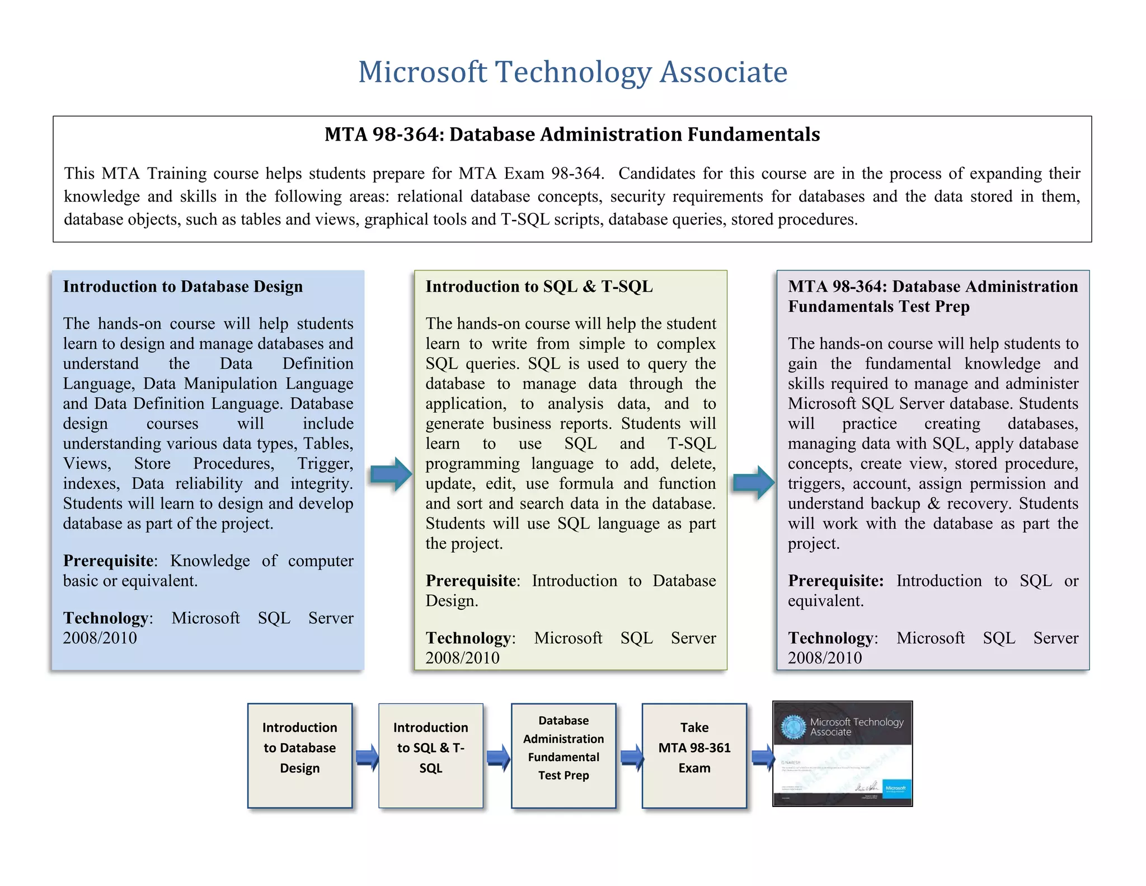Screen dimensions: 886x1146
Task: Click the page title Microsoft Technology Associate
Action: click(572, 72)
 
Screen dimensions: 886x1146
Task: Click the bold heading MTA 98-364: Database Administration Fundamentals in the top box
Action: click(572, 134)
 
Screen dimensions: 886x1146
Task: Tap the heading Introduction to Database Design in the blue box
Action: click(182, 286)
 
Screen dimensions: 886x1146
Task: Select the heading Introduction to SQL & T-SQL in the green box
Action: click(539, 286)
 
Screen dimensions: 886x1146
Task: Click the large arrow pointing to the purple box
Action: click(753, 482)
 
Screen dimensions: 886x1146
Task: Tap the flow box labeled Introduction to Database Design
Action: click(300, 755)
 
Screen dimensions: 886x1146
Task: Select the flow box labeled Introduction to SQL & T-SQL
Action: click(430, 755)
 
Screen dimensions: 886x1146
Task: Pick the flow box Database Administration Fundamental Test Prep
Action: click(563, 755)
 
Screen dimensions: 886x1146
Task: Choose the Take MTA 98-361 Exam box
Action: click(694, 755)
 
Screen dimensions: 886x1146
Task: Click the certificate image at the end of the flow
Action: click(842, 753)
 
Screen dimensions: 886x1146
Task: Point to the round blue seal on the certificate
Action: click(792, 726)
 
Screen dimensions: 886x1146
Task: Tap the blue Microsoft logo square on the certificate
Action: click(896, 790)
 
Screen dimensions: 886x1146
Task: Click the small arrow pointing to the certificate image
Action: click(762, 757)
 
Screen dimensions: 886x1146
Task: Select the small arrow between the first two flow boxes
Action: click(367, 757)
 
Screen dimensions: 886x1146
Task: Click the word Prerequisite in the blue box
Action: click(109, 561)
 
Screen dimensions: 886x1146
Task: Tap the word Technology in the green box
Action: click(468, 638)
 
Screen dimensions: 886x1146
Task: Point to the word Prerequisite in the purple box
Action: click(835, 581)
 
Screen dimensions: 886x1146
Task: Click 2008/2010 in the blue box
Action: click(100, 638)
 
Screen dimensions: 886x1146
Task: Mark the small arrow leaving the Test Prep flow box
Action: click(631, 757)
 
